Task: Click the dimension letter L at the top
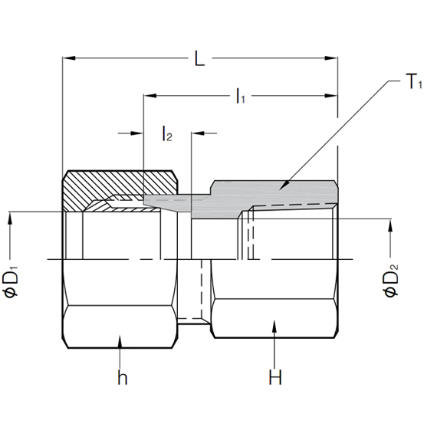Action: pos(199,59)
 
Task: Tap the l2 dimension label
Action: pos(167,135)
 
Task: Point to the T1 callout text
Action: pos(393,82)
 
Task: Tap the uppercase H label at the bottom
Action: pos(274,377)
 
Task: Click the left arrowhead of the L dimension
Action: pos(67,58)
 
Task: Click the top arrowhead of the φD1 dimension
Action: pos(11,217)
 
